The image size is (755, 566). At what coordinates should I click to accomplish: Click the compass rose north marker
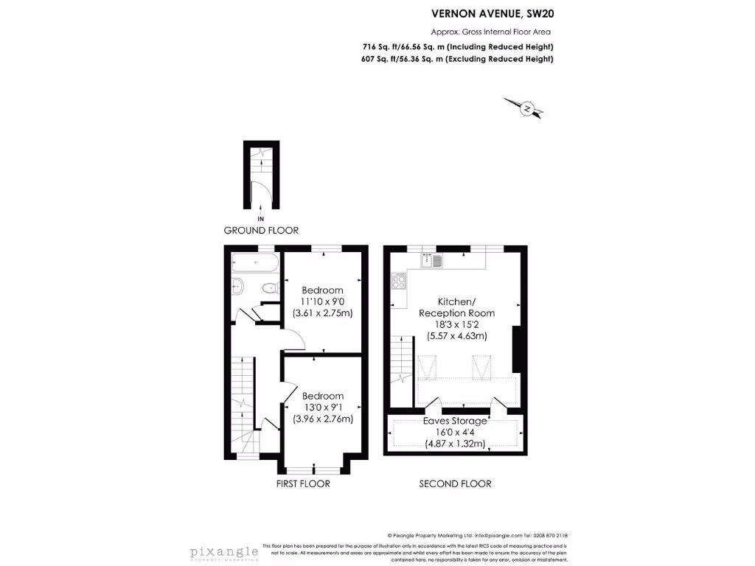click(x=527, y=108)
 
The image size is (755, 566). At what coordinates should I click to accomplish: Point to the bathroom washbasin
click(x=237, y=286)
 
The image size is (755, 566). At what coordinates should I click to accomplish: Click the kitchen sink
click(x=431, y=259)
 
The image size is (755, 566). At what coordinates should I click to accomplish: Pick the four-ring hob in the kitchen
click(x=399, y=280)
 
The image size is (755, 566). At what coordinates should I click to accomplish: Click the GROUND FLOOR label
click(x=261, y=231)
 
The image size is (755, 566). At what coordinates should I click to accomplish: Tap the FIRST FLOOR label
click(x=303, y=484)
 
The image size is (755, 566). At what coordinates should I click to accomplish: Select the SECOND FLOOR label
click(x=455, y=484)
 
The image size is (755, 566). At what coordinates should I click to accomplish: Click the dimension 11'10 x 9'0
click(x=322, y=301)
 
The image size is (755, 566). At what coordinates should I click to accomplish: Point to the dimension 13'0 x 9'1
click(x=322, y=408)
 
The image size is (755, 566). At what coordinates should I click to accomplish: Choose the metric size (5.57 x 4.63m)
click(x=456, y=336)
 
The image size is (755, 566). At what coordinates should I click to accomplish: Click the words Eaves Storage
click(x=455, y=421)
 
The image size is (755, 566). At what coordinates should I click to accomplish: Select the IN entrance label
click(x=260, y=219)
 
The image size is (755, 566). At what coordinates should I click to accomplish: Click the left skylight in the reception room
click(x=427, y=366)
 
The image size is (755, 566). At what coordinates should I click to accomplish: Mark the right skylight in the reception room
click(x=481, y=366)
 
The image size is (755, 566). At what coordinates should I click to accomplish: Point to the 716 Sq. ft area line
click(x=457, y=46)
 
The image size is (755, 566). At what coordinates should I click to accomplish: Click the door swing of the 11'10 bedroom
click(x=293, y=340)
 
